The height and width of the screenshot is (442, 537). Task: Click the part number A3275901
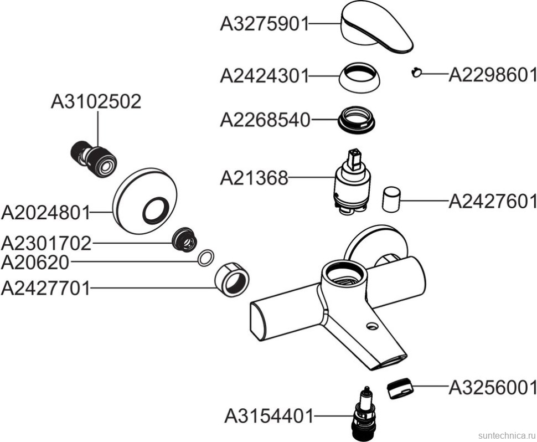coord(264,25)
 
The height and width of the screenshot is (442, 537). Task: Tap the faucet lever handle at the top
coord(376,28)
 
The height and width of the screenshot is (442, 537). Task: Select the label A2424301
coord(264,75)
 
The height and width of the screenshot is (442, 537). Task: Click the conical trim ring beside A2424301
coord(360,78)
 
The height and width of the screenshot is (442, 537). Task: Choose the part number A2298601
coord(492,75)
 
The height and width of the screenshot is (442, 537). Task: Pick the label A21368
coord(254,178)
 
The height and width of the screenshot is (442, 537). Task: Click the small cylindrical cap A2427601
coord(392,199)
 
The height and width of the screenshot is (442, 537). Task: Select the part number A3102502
coord(96,102)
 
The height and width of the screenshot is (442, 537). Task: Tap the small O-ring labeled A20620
coord(205,258)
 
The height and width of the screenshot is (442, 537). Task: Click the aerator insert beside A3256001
coord(400,388)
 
